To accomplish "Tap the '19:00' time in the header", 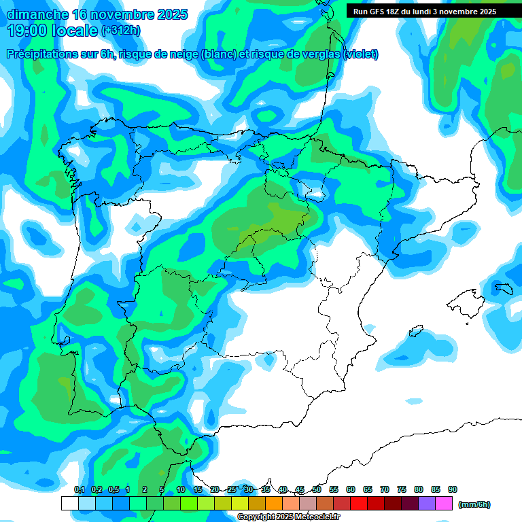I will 28,30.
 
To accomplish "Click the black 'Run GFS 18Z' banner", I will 425,11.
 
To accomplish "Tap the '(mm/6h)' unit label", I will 474,504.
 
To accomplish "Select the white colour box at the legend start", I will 69,503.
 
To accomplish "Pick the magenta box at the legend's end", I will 444,503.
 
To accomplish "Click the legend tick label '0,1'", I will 79,489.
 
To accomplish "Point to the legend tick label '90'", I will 453,489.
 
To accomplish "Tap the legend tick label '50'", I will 317,489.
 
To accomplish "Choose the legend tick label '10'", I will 181,489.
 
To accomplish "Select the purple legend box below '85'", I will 427,503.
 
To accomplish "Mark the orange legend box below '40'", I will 274,503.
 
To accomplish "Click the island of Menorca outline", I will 504,288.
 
